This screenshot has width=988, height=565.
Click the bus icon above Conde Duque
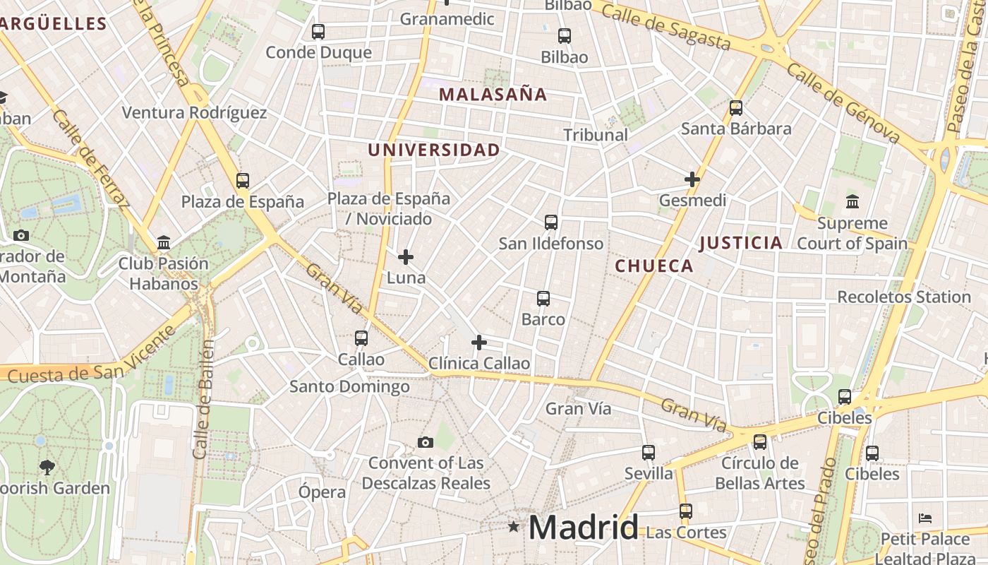318,32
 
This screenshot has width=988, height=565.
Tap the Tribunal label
596,134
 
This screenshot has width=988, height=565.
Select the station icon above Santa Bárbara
736,108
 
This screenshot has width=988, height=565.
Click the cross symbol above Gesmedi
692,179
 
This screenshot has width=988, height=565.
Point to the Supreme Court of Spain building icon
852,202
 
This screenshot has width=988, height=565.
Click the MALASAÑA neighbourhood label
493,94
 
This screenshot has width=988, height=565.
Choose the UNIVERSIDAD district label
433,150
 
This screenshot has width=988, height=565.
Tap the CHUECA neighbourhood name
654,266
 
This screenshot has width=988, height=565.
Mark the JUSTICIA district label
740,243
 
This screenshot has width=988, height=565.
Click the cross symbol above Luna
406,257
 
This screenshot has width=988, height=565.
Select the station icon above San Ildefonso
551,222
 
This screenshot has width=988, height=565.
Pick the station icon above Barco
543,299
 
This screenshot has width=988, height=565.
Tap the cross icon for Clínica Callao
479,343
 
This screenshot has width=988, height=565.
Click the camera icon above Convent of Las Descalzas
425,442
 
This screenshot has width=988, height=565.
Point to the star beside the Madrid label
514,527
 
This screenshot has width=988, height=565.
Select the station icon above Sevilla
649,453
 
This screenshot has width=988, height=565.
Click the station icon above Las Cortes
686,511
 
